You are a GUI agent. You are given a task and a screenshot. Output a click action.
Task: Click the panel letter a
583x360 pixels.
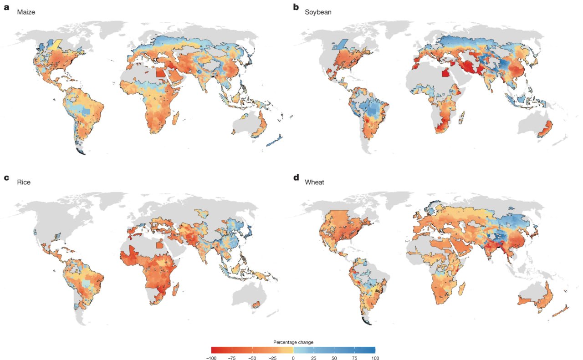pyautogui.click(x=6, y=7)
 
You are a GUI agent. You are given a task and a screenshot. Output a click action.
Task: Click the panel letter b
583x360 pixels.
pyautogui.click(x=296, y=7)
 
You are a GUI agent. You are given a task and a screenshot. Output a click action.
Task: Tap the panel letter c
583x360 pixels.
pyautogui.click(x=6, y=177)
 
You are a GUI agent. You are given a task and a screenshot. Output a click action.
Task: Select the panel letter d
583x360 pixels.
pyautogui.click(x=296, y=177)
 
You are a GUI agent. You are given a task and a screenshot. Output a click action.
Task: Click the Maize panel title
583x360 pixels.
pyautogui.click(x=26, y=12)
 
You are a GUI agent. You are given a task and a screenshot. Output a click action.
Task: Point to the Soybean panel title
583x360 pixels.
pyautogui.click(x=318, y=12)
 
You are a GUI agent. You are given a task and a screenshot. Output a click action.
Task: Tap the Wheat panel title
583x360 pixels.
pyautogui.click(x=314, y=182)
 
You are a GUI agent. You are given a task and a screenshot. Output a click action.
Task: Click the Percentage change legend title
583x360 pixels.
pyautogui.click(x=293, y=342)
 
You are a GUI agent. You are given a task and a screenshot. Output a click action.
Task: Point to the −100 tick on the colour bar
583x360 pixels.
pyautogui.click(x=211, y=358)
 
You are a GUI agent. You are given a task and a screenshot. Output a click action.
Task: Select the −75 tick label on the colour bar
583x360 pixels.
pyautogui.click(x=231, y=358)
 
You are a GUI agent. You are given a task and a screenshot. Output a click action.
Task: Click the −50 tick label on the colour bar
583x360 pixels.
pyautogui.click(x=252, y=358)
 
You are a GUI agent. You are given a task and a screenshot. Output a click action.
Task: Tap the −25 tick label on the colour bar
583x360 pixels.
pyautogui.click(x=272, y=358)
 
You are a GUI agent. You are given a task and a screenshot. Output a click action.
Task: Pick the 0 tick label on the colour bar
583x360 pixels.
pyautogui.click(x=293, y=358)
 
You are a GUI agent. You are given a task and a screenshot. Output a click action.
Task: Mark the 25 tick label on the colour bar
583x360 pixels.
pyautogui.click(x=314, y=358)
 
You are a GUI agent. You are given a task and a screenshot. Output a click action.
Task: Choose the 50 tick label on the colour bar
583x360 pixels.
pyautogui.click(x=334, y=358)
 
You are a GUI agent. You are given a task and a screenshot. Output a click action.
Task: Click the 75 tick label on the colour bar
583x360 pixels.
pyautogui.click(x=355, y=358)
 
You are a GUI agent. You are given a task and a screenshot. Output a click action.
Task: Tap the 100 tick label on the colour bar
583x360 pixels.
pyautogui.click(x=375, y=358)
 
